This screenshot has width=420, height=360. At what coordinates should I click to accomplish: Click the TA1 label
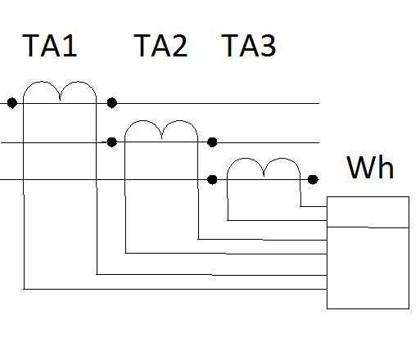pos(49,46)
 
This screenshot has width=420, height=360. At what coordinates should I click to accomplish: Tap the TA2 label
pos(160,46)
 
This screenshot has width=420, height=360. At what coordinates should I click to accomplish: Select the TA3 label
pos(248,46)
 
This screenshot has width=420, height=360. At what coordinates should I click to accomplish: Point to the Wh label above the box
pos(370,167)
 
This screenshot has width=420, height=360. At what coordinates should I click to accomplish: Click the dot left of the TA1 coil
pos(12,103)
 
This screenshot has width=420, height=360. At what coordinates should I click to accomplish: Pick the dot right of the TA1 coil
pos(112,103)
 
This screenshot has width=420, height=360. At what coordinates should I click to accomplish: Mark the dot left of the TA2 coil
pos(112,142)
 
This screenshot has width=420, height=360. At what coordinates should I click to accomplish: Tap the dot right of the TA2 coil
pos(212,142)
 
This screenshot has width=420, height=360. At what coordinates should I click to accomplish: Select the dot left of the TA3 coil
pos(212,179)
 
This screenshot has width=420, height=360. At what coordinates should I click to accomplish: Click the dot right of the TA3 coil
pos(313,179)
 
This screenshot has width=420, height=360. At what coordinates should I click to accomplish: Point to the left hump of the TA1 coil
pos(42,81)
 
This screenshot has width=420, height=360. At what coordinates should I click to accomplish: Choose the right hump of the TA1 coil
pos(79,81)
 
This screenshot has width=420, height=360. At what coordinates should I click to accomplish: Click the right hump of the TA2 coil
pos(179,120)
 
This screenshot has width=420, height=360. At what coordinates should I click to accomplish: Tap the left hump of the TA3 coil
pos(246,158)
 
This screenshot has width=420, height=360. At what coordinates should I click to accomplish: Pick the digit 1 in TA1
pos(70,46)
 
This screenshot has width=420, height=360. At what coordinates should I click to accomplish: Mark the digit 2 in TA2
pos(179,46)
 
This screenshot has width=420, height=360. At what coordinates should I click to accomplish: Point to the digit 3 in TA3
pos(268,46)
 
